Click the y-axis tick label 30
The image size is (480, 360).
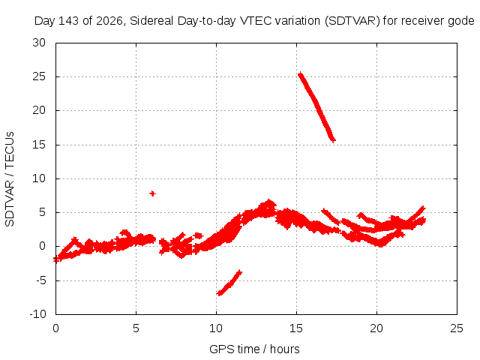coord(39,43)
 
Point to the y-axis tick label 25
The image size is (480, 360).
coord(39,76)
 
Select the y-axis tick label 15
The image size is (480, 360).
coord(39,145)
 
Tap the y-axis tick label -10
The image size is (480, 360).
coord(38,314)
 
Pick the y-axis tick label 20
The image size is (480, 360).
coord(39,110)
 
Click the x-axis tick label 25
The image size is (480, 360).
coord(457,328)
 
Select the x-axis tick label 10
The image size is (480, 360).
coord(216,328)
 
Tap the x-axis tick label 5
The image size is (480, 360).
coord(136,328)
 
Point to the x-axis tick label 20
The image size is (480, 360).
coord(376,328)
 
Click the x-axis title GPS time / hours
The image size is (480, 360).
coord(254,349)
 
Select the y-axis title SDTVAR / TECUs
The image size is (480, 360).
coord(10,179)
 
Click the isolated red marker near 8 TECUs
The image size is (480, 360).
coord(152,193)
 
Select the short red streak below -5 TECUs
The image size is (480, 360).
coord(229,283)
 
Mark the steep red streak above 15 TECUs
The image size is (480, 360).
coord(316,107)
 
